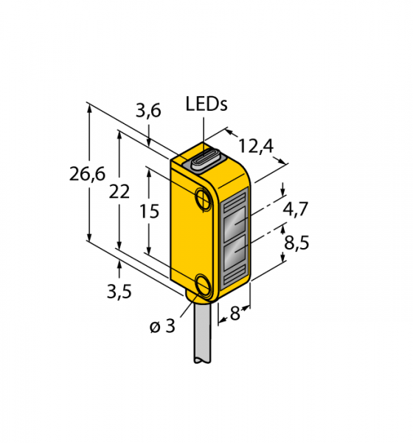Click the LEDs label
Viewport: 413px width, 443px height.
pyautogui.click(x=206, y=104)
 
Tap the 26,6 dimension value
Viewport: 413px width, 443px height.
pyautogui.click(x=88, y=174)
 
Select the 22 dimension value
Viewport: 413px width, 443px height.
pyautogui.click(x=119, y=191)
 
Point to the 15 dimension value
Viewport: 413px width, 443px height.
pyautogui.click(x=150, y=211)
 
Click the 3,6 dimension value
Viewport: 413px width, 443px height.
pyautogui.click(x=148, y=111)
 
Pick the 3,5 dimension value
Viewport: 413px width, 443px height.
pyautogui.click(x=119, y=292)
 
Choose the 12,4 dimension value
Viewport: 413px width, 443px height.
pyautogui.click(x=256, y=146)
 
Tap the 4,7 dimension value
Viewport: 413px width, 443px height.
pyautogui.click(x=295, y=210)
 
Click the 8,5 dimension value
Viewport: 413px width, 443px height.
pyautogui.click(x=296, y=242)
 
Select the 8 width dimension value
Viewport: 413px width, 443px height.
pyautogui.click(x=235, y=313)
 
